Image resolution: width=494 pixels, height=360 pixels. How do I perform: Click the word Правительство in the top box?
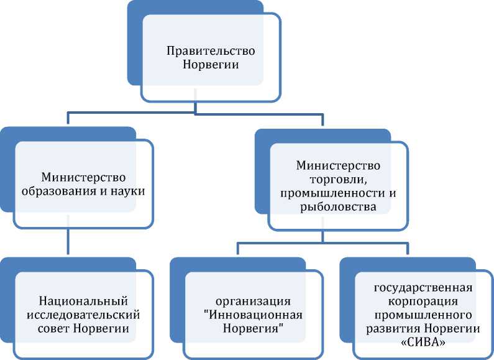coord(203,50)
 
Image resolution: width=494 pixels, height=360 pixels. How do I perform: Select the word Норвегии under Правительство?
coord(203,64)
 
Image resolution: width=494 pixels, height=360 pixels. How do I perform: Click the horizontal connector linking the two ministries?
coord(195,114)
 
